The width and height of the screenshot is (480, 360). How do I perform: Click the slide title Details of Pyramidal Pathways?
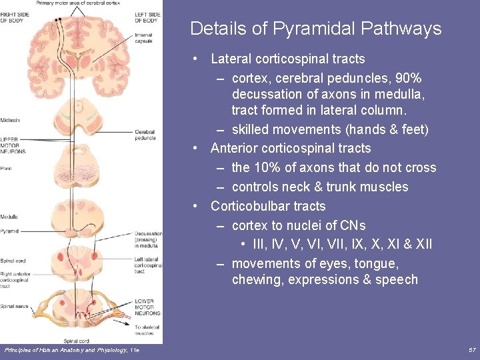tap(315, 29)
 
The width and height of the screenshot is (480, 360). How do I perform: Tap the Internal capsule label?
tap(143, 37)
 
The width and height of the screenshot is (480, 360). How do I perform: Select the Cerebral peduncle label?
tap(145, 135)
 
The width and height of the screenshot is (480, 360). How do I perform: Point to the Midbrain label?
tap(10, 120)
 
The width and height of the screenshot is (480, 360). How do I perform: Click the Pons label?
tap(6, 169)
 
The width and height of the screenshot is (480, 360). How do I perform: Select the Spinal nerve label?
tap(13, 306)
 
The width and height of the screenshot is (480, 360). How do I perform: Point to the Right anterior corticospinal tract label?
tap(14, 278)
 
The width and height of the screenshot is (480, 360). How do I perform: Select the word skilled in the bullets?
tap(251, 129)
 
